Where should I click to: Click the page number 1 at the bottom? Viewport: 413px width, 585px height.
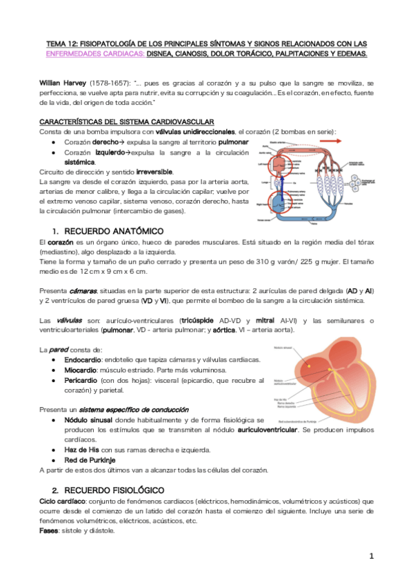(370, 556)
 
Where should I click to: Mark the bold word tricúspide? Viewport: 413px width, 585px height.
(200, 320)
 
